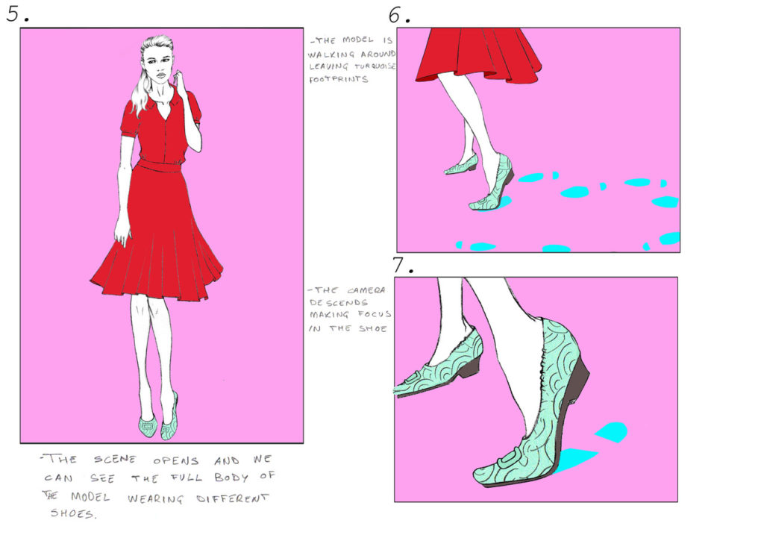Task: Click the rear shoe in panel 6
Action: (462, 166)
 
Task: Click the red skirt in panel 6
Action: (477, 56)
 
